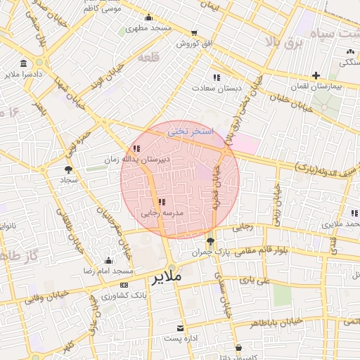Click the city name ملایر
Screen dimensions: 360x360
(x=166, y=278)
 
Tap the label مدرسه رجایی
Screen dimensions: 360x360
(x=162, y=212)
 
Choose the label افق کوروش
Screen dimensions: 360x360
(x=195, y=44)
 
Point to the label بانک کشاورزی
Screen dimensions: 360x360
(x=124, y=296)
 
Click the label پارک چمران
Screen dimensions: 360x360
(x=211, y=252)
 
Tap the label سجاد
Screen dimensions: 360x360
(x=69, y=180)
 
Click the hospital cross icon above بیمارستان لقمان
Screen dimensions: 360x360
(x=316, y=75)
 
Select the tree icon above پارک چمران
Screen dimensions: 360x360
(x=211, y=241)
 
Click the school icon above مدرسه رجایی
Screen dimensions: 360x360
(x=162, y=202)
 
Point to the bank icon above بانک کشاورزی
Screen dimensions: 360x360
(x=124, y=285)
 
